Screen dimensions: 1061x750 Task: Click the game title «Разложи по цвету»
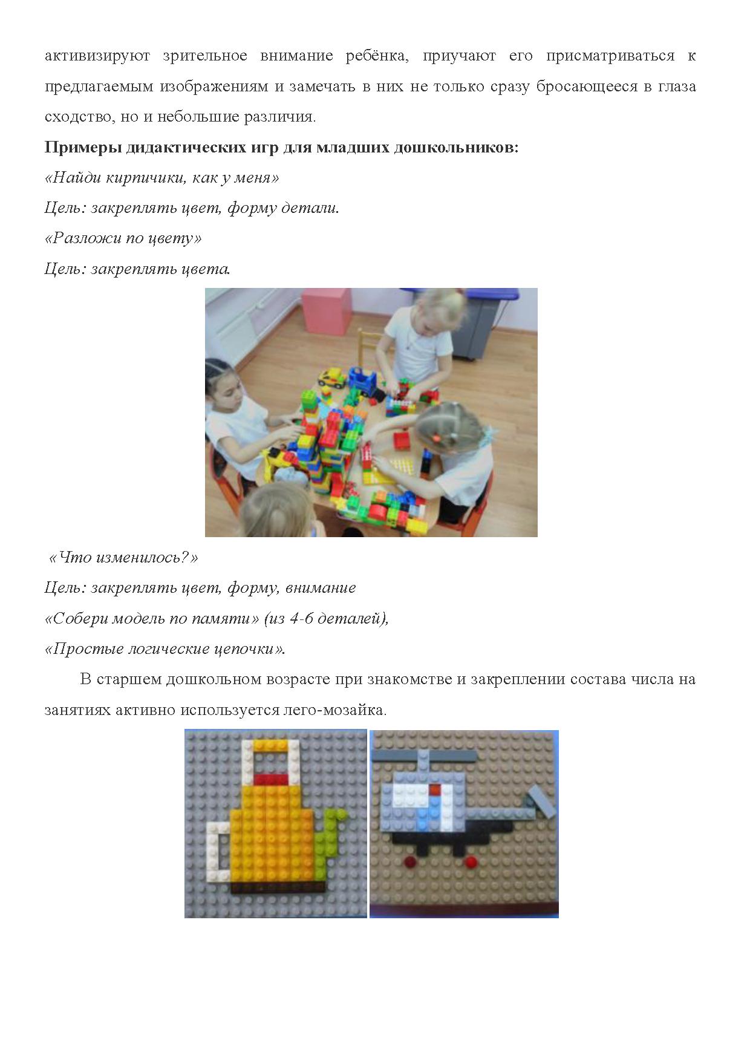pos(123,238)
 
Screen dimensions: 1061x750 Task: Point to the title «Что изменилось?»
pos(123,557)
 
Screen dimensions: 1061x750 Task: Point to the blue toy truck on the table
pos(362,380)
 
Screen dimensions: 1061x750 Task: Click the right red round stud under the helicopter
pos(468,861)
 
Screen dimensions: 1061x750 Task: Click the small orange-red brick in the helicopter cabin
pos(435,789)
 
